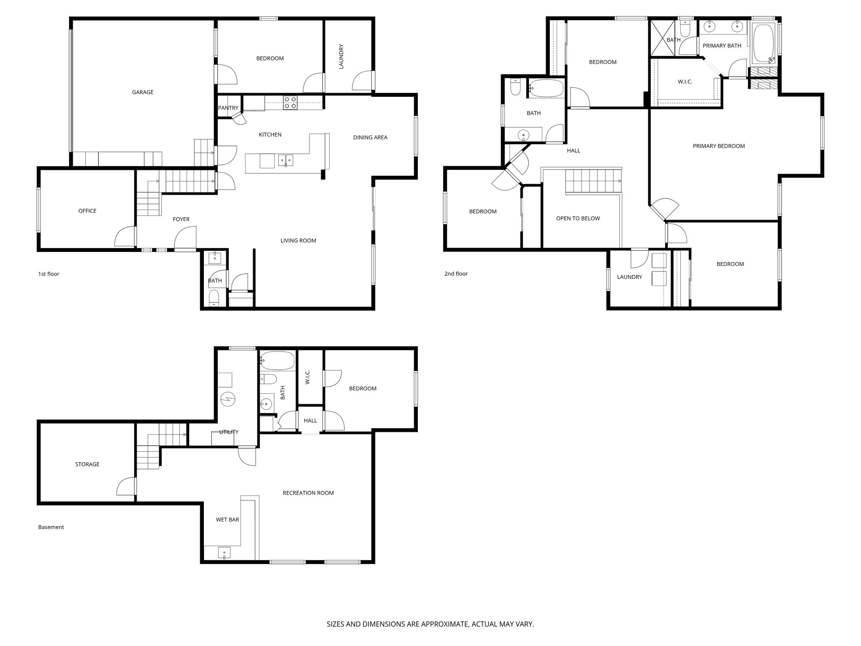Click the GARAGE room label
[143, 92]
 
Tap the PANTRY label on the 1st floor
[228, 108]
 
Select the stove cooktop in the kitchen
[290, 103]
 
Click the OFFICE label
[87, 211]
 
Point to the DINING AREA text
[370, 137]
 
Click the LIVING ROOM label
[298, 241]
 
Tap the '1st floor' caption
[49, 274]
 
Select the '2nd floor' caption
[456, 274]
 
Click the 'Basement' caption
[51, 527]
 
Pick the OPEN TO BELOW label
[578, 218]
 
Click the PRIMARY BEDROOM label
[718, 146]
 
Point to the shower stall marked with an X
[662, 38]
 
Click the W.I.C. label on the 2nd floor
[685, 82]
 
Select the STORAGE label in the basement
[87, 464]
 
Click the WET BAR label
[227, 519]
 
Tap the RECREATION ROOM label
[308, 493]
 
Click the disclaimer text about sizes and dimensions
[430, 624]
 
